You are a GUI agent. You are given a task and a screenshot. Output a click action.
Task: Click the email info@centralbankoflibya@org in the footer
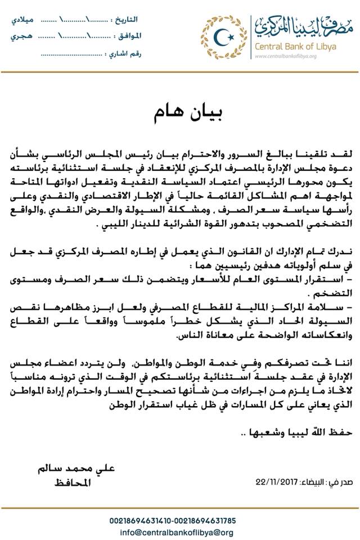coord(179,531)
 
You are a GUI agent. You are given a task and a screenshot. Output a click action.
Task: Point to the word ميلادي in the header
coord(22,20)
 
